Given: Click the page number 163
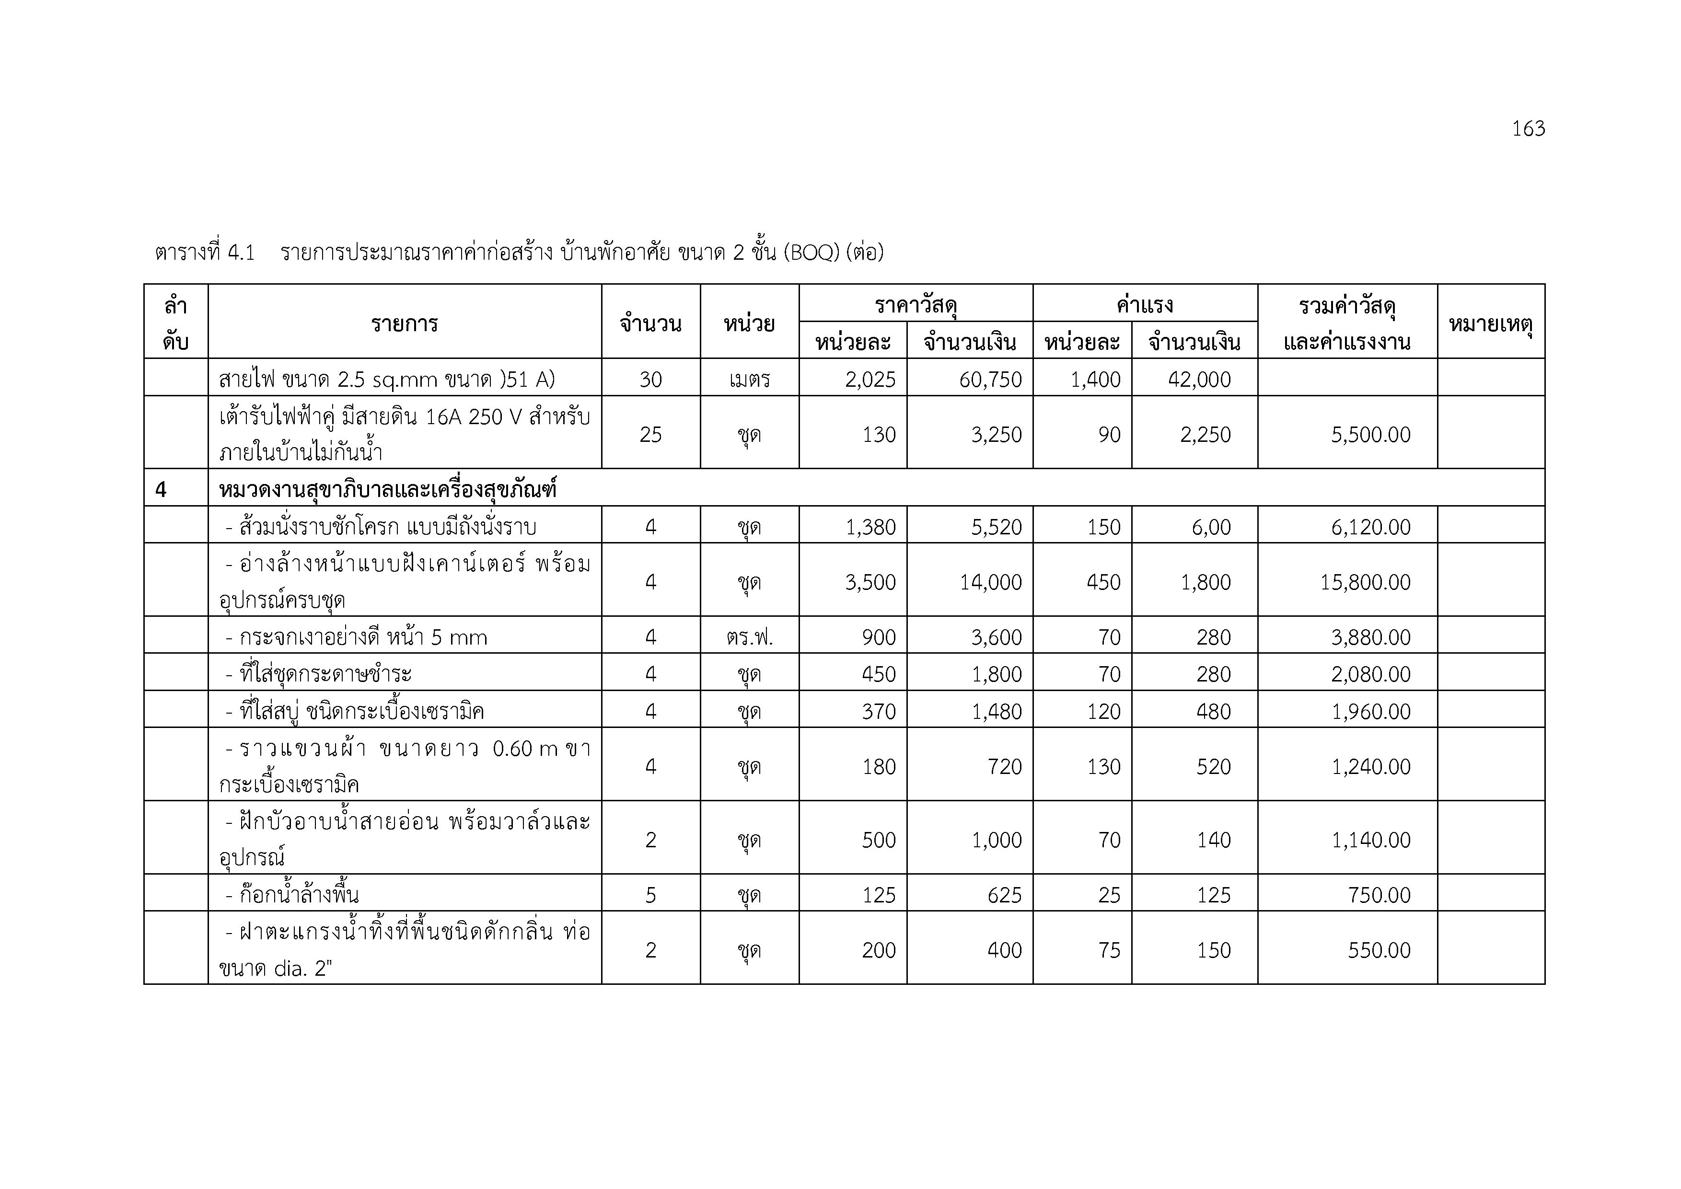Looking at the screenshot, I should point(1528,129).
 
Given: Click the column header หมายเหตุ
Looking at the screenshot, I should point(1491,323).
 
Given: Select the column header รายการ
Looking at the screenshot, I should point(404,323).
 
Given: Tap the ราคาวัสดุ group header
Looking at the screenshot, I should point(915,304).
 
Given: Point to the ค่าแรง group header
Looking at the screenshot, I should point(1144,304).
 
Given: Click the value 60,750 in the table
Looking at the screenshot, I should point(990,379).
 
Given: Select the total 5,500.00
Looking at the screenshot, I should point(1370,435).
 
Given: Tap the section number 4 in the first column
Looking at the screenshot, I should point(161,489).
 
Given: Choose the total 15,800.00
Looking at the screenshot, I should point(1365,582).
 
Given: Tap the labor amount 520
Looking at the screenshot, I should point(1213,767).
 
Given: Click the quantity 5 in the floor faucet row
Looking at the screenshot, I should point(650,895).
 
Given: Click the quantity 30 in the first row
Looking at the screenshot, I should point(650,379).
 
